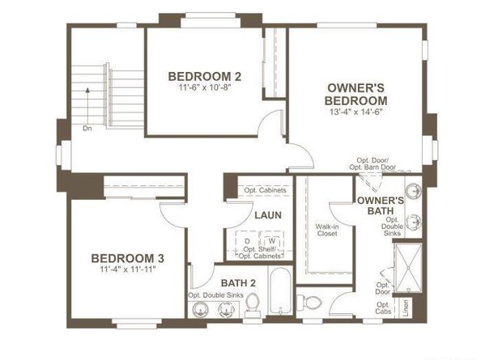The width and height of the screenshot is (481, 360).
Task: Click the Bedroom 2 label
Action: tap(204, 77)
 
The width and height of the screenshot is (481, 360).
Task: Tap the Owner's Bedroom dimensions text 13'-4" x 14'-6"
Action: tap(355, 112)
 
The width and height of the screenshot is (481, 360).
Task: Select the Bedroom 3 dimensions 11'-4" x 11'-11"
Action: tap(127, 269)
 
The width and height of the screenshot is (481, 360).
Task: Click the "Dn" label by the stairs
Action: tap(87, 128)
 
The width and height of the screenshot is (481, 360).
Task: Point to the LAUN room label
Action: tap(267, 216)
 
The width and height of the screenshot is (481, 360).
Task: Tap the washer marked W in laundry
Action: tap(272, 241)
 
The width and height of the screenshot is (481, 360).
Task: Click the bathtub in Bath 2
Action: tap(280, 292)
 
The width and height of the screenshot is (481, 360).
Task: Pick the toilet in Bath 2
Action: tap(252, 303)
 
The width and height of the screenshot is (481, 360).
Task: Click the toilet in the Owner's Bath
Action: tap(309, 303)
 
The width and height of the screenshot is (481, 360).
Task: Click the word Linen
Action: tap(406, 308)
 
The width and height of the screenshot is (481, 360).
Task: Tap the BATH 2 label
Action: tap(239, 282)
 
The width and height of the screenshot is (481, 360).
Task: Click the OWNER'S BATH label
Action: tap(380, 205)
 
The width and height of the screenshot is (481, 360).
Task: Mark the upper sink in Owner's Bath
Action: tap(412, 191)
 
